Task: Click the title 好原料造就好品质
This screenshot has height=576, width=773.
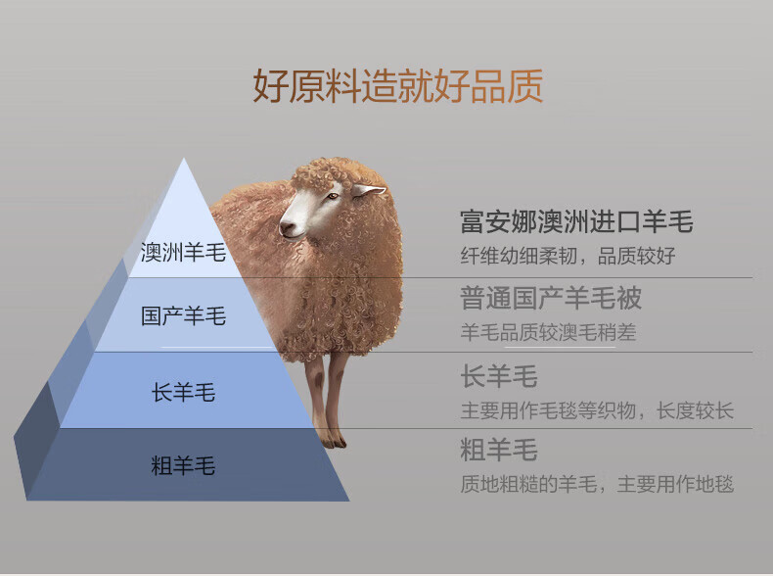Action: click(x=398, y=86)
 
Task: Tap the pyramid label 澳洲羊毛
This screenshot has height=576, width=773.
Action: click(x=183, y=252)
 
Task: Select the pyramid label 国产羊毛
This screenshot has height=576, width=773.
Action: click(x=183, y=315)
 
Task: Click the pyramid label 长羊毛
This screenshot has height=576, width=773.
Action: click(x=183, y=393)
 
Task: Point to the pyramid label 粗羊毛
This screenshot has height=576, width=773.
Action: click(x=183, y=465)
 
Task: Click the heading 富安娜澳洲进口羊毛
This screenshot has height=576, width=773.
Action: click(x=576, y=221)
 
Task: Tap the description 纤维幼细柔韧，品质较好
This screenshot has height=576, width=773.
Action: click(x=568, y=256)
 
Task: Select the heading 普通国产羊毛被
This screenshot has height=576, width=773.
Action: click(x=551, y=298)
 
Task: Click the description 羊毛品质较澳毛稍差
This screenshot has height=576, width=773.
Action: click(x=548, y=332)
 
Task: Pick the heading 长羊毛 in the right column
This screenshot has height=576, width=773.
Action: click(x=499, y=376)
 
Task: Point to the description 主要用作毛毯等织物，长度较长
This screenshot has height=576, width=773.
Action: click(x=597, y=410)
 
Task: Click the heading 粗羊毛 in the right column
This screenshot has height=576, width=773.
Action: click(x=499, y=450)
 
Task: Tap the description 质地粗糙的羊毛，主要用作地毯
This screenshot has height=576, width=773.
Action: click(x=597, y=484)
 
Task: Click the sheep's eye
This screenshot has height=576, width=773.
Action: click(x=333, y=196)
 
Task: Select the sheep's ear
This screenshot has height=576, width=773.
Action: click(x=368, y=190)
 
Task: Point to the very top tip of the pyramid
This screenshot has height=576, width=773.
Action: click(x=184, y=158)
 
